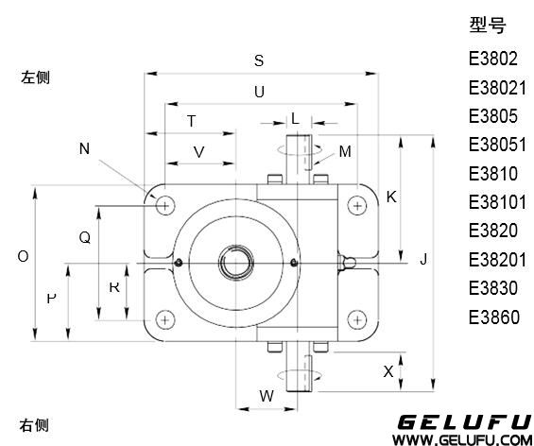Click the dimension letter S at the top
259,60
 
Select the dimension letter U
259,92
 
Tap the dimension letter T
192,121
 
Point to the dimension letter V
198,152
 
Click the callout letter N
84,148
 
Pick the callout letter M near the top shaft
345,151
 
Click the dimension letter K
391,197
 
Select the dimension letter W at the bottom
267,396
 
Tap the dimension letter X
388,371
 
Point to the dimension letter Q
85,237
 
